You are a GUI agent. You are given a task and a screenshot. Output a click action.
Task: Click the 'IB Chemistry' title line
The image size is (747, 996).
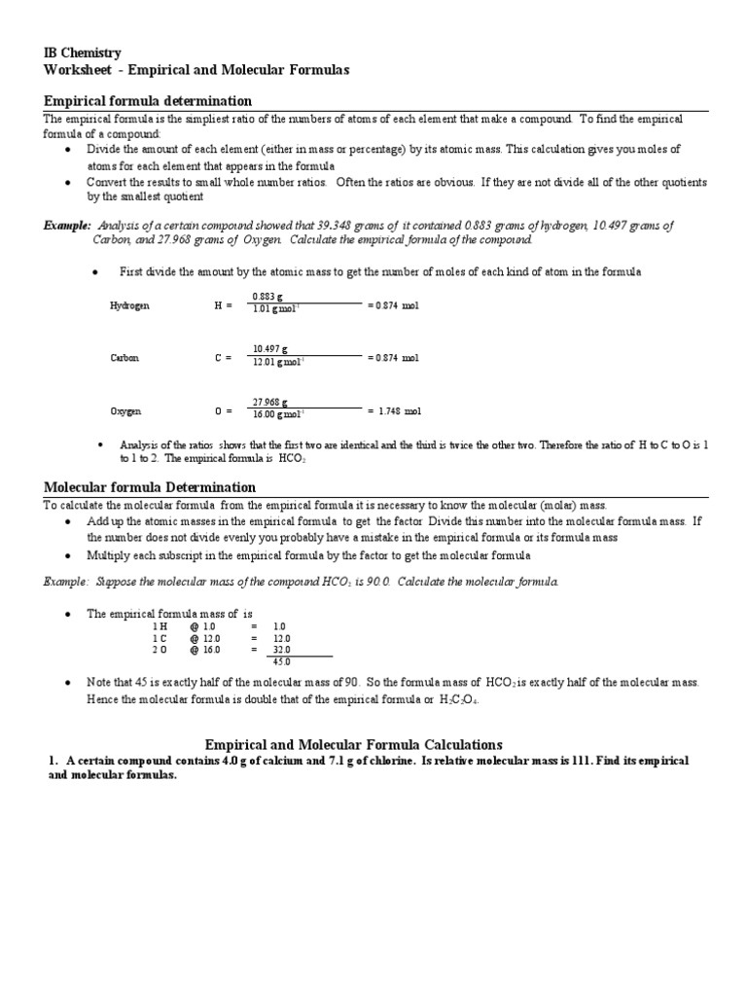pos(83,53)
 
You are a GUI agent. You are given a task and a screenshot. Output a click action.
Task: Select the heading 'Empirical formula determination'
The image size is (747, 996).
pos(148,101)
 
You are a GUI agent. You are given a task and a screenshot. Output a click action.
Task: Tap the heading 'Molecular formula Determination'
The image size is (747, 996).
pos(151,486)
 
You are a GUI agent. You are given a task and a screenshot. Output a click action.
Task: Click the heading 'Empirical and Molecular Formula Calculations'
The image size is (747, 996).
pos(373,744)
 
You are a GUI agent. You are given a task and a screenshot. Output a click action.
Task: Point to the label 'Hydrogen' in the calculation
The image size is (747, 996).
pos(129,305)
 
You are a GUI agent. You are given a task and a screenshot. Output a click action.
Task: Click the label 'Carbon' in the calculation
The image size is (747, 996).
pos(124,358)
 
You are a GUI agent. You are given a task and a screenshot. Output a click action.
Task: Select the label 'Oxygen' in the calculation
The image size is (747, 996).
pos(125,411)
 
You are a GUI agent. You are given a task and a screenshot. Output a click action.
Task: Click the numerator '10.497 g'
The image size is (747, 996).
pos(269,349)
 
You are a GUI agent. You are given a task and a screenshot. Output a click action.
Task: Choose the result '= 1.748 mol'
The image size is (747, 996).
pos(394,411)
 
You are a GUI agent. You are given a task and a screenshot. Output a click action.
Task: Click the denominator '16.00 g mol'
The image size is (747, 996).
pos(277,414)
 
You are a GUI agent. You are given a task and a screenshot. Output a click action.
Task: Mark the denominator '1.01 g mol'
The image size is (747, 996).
pos(276,309)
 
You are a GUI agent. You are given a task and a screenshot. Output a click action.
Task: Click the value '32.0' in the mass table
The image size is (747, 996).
pos(280,650)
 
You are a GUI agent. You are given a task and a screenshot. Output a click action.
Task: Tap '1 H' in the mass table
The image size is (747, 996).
pos(160,626)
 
